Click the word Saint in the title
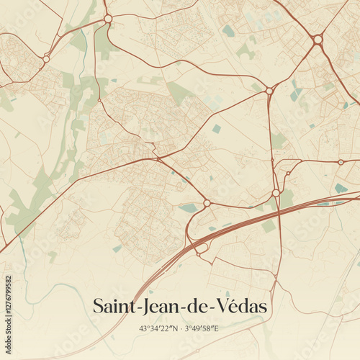click(113, 306)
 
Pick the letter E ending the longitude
click(217, 329)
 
